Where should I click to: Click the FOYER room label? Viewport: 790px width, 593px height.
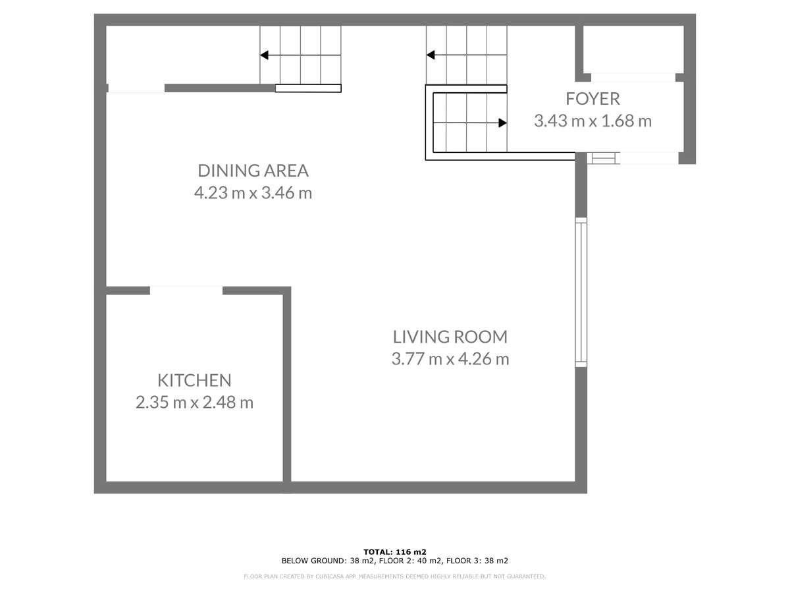click(592, 99)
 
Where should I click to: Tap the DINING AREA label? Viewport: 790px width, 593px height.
click(253, 171)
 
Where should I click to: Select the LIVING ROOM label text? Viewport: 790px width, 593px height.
click(450, 337)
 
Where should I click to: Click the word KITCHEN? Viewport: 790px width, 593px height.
click(194, 381)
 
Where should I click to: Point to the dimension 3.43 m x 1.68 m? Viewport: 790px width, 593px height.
click(592, 121)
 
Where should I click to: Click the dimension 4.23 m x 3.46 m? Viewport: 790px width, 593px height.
click(253, 193)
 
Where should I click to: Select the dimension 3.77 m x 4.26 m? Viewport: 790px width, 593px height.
click(450, 359)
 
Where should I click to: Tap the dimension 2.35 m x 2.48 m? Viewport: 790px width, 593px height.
click(194, 403)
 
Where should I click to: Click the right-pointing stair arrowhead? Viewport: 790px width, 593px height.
click(502, 123)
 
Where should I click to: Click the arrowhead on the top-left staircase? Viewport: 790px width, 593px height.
click(264, 55)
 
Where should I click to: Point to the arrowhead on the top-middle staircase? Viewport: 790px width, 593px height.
click(431, 55)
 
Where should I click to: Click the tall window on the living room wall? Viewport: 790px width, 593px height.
click(581, 292)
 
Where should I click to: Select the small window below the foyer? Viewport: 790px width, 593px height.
click(603, 158)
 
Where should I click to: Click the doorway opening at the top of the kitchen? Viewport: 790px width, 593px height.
click(186, 290)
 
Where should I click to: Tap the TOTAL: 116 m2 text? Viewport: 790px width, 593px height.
click(395, 552)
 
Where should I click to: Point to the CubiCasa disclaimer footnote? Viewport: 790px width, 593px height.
click(394, 577)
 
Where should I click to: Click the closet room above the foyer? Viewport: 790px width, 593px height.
click(633, 49)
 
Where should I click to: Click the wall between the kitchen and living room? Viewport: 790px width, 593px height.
click(287, 387)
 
